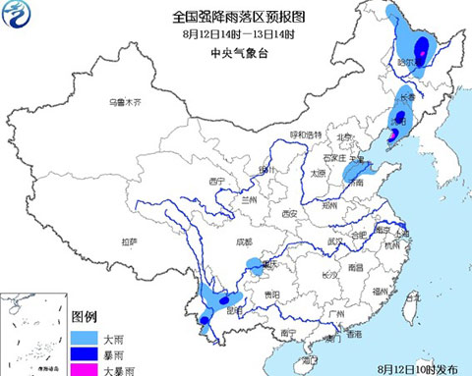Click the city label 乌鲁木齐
tap(125, 102)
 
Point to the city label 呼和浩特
tap(305, 134)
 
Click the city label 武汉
tap(334, 241)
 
